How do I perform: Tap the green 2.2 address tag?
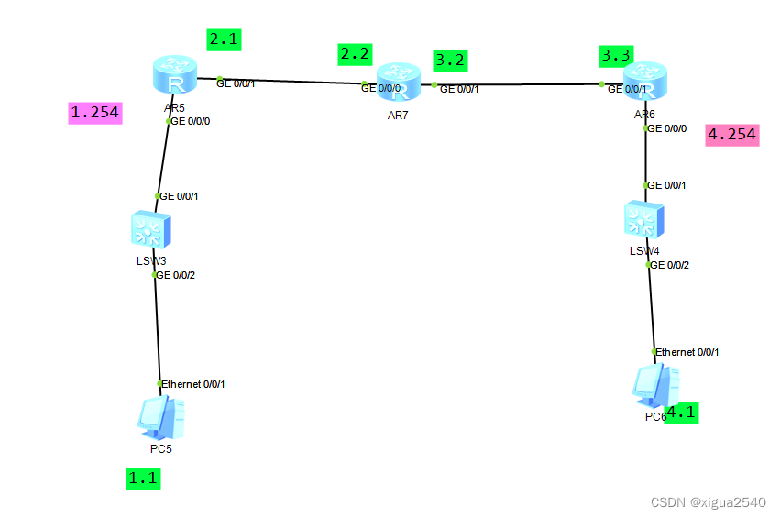click(x=355, y=54)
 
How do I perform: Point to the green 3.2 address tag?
click(x=450, y=60)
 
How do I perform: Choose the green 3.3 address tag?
click(x=615, y=56)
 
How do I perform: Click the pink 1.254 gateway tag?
click(x=95, y=112)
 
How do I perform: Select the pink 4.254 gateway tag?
click(x=731, y=136)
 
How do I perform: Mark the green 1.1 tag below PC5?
click(x=143, y=478)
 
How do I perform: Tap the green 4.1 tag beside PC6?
click(x=680, y=413)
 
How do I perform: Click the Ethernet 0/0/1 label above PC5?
click(x=193, y=384)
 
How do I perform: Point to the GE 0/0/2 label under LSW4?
click(x=670, y=265)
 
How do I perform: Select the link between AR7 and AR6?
click(x=518, y=84)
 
